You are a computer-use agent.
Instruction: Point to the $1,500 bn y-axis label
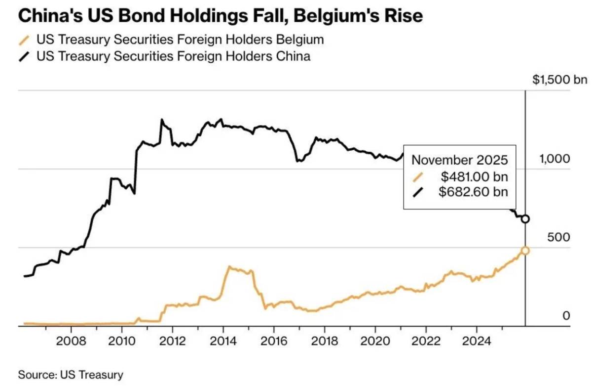point(559,80)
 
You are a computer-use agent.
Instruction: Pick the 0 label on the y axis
point(566,316)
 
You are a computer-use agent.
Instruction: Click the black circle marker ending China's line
point(525,219)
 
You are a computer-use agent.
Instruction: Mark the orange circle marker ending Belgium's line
point(525,251)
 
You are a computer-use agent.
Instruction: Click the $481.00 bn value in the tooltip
point(474,176)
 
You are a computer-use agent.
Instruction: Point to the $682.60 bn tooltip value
point(474,192)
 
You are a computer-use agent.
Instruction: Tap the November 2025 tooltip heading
point(460,160)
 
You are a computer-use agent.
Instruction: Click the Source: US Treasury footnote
point(71,375)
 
